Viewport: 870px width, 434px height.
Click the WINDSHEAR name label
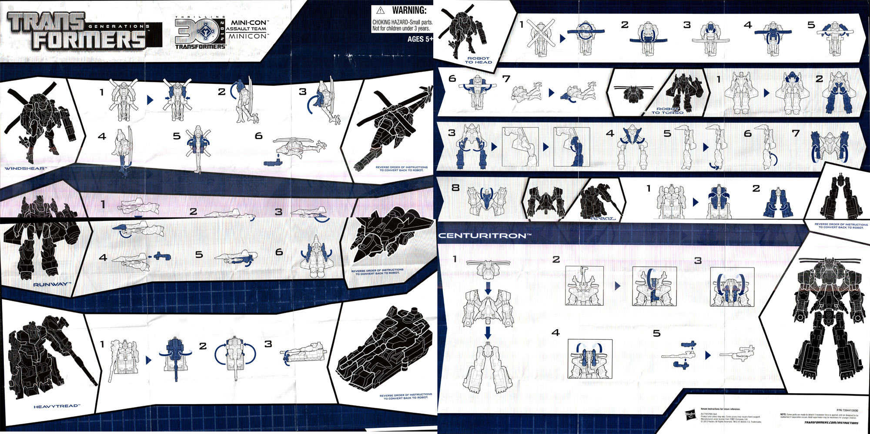point(25,168)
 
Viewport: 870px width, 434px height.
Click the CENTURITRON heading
point(485,236)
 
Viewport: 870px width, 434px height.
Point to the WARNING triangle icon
point(380,10)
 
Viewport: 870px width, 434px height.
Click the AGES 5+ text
point(419,39)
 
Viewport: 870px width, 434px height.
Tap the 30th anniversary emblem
point(201,32)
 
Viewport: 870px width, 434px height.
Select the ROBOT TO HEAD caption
point(478,60)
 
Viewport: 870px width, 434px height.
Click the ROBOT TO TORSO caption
point(667,111)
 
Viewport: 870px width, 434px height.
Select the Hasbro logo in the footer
point(691,415)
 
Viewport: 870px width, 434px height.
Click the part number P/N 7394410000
point(847,410)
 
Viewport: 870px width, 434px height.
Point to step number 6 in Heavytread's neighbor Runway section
point(279,252)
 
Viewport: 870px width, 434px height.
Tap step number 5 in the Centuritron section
point(656,334)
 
